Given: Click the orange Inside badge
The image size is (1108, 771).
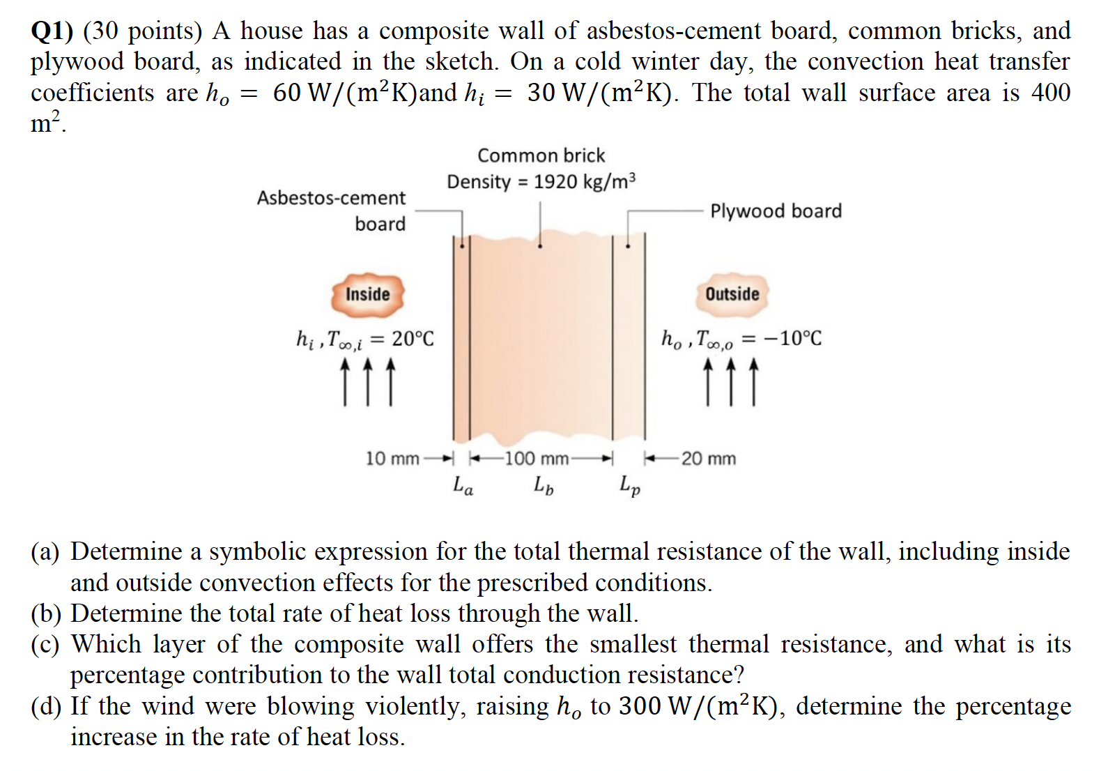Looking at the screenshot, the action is click(x=367, y=294).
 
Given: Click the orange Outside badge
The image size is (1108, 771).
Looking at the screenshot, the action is click(x=732, y=294).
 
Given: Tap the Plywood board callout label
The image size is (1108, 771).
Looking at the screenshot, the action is click(x=776, y=211).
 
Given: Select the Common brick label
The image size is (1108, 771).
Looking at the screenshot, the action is click(x=541, y=155).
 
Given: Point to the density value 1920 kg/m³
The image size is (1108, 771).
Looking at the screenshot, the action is click(x=585, y=182).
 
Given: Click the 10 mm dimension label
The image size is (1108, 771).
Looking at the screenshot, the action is click(x=392, y=459).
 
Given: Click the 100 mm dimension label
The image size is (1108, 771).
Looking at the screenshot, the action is click(x=537, y=459).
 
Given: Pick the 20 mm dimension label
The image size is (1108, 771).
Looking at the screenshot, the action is click(x=709, y=459).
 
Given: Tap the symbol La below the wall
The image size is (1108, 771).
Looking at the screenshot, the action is click(x=463, y=484).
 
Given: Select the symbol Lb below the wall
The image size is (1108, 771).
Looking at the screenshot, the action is click(x=544, y=484).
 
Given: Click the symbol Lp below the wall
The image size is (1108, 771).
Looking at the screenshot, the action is click(x=630, y=486).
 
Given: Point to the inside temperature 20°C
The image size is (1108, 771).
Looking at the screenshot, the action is click(x=413, y=339).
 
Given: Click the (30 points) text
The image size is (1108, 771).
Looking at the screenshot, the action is click(x=143, y=31).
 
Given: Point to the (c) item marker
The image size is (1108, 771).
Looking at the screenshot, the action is click(x=45, y=645).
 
